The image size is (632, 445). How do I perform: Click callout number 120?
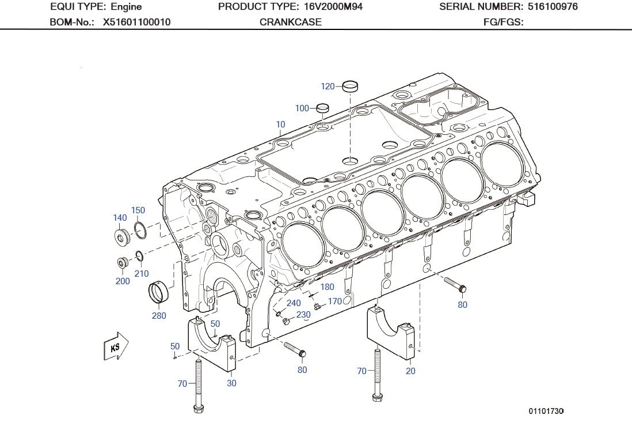(328, 86)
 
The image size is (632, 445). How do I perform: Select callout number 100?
(302, 108)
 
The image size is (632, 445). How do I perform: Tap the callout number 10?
(280, 125)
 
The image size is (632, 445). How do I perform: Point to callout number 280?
(159, 315)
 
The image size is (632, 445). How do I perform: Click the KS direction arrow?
(116, 346)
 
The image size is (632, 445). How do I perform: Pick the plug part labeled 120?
(351, 87)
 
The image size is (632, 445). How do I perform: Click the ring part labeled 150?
(140, 230)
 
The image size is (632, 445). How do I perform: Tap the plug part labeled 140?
(121, 237)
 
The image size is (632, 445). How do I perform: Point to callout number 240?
(294, 303)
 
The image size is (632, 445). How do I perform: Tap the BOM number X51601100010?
(136, 22)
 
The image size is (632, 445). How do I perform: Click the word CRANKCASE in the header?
(291, 22)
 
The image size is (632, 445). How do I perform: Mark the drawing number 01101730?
(546, 411)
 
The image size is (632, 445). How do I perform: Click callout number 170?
(334, 301)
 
